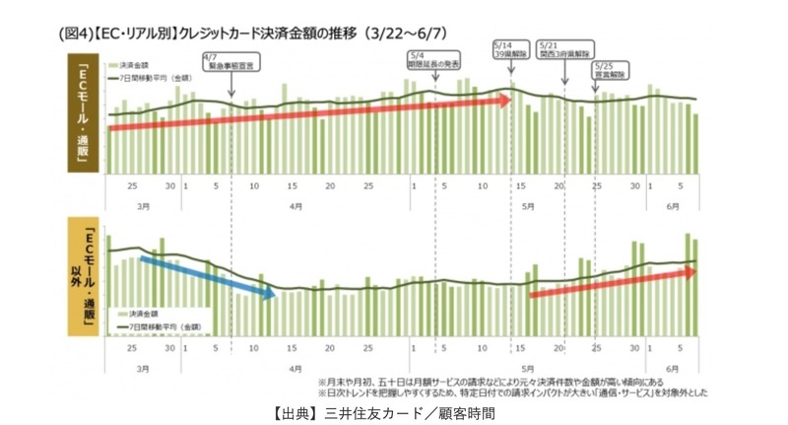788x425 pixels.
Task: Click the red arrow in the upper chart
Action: [x=310, y=114]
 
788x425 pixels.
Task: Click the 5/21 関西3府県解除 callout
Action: [x=564, y=50]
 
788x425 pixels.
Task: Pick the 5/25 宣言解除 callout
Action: [x=611, y=70]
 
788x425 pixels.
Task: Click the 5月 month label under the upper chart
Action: [x=528, y=205]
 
